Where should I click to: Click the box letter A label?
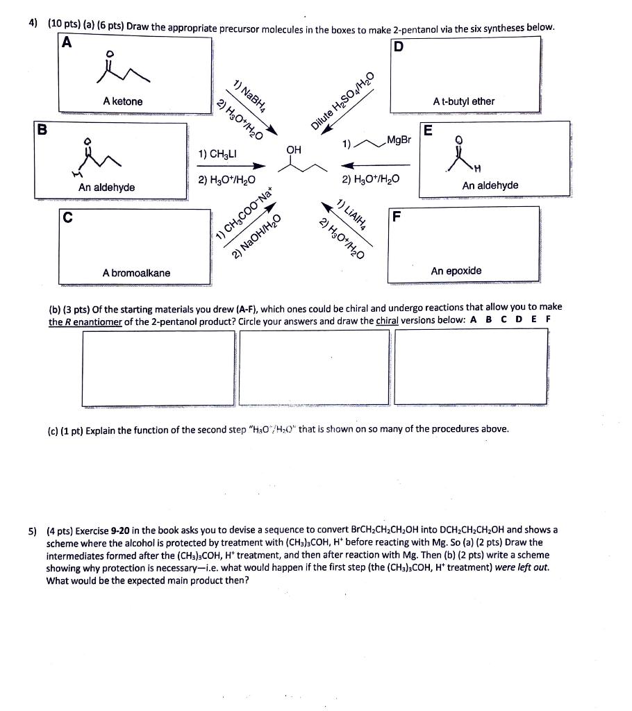tap(67, 42)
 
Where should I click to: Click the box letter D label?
tap(398, 47)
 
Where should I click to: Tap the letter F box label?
tap(396, 216)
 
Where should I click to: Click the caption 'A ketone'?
tap(122, 101)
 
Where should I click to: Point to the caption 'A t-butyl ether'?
tap(463, 101)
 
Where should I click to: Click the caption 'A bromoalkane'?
tap(136, 273)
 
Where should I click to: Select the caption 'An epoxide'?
tap(456, 271)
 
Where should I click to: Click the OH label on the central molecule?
tap(294, 149)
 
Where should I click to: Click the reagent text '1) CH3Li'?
tap(217, 153)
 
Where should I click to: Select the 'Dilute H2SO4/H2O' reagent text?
tap(342, 101)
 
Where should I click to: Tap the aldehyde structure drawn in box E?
tap(463, 158)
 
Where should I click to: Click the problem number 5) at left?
tap(33, 530)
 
